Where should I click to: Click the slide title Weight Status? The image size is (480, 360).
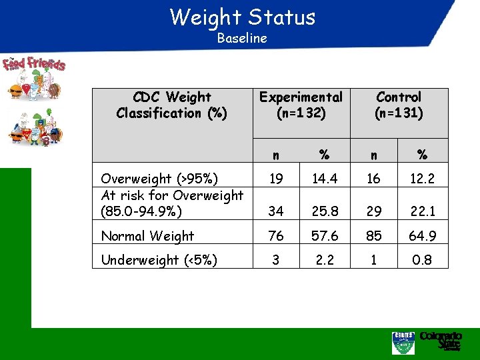[x=242, y=16]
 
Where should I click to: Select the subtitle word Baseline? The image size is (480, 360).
[x=242, y=38]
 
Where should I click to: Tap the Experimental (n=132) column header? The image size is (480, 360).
[x=301, y=105]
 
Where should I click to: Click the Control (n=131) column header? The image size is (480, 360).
[x=399, y=105]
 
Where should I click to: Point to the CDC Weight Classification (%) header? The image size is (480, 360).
[x=171, y=105]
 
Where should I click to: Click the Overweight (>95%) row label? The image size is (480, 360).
[x=159, y=179]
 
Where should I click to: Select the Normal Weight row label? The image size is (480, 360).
[x=147, y=236]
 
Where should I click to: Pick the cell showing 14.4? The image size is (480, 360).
[x=324, y=179]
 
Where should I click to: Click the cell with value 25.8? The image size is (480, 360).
[x=324, y=211]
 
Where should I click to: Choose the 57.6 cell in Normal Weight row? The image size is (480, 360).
[x=324, y=236]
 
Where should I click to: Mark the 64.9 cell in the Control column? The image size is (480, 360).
[x=422, y=236]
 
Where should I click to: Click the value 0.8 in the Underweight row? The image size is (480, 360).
[x=422, y=260]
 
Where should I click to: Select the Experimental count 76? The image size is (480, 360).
[x=275, y=236]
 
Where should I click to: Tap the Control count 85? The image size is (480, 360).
[x=373, y=236]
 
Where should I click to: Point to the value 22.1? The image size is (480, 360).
[x=422, y=211]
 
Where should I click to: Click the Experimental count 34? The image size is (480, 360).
[x=275, y=211]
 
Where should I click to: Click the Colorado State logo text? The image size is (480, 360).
[x=441, y=341]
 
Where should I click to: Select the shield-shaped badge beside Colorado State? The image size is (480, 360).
[x=403, y=343]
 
